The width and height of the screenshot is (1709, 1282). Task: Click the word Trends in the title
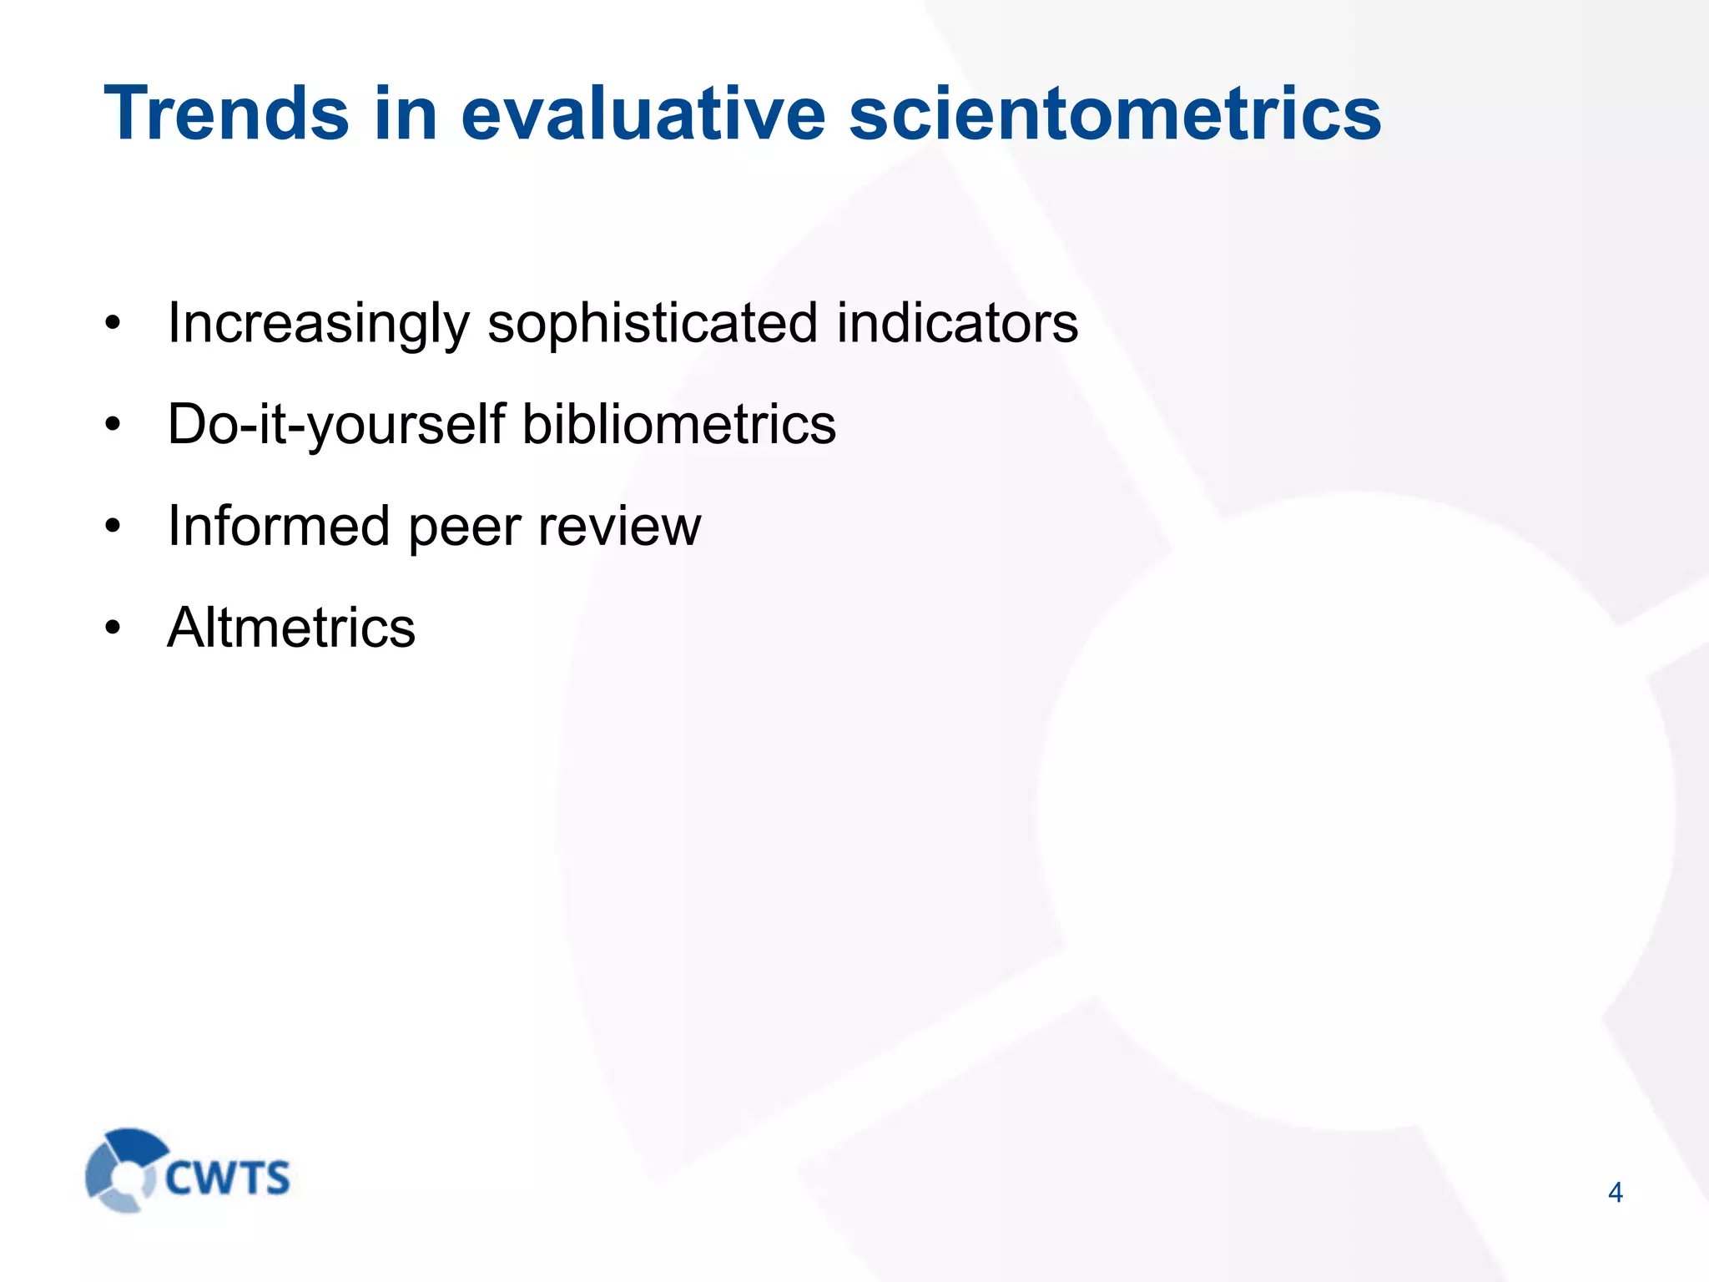tap(226, 114)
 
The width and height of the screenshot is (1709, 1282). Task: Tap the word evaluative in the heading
tap(643, 114)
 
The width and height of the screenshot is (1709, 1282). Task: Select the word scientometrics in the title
tap(1115, 114)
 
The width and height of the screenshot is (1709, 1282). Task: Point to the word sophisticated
tap(652, 324)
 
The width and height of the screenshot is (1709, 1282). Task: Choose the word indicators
tap(957, 324)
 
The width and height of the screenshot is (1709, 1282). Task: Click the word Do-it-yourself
tap(336, 426)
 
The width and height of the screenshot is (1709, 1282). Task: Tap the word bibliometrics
tap(678, 424)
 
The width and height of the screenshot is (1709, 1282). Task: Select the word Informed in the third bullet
tap(279, 527)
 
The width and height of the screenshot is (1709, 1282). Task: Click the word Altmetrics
tap(291, 628)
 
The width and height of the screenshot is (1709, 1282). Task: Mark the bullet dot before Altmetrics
tap(113, 628)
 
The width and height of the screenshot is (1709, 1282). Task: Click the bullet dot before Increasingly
tap(113, 324)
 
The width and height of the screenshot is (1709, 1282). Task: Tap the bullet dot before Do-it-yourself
tap(113, 425)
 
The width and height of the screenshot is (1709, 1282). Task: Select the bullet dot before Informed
tap(113, 527)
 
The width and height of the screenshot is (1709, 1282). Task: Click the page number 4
tap(1615, 1193)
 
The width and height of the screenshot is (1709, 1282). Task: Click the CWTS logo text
tap(227, 1178)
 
